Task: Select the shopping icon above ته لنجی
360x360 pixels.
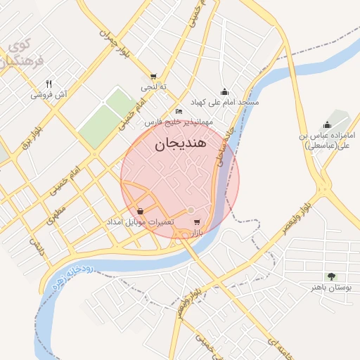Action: coord(153,77)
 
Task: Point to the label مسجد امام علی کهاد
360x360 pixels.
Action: coord(224,102)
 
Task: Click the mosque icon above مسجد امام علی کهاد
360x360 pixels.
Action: coord(224,91)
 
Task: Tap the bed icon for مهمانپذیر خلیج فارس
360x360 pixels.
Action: coord(179,112)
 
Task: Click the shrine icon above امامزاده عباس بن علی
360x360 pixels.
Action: coord(327,124)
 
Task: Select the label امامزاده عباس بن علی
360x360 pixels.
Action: coord(328,140)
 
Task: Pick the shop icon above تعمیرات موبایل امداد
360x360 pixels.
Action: coord(141,211)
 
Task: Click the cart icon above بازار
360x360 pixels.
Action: coord(196,222)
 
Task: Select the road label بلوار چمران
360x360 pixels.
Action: coord(116,25)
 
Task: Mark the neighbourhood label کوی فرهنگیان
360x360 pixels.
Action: coord(16,53)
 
